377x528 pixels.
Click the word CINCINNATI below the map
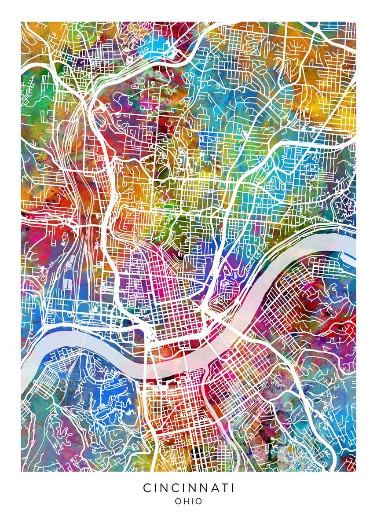pos(188,488)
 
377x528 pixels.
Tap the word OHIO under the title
pos(188,501)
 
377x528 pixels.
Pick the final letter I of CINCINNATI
pos(231,488)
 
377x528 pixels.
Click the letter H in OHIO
pos(187,501)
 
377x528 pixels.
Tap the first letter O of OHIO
pos(178,501)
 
